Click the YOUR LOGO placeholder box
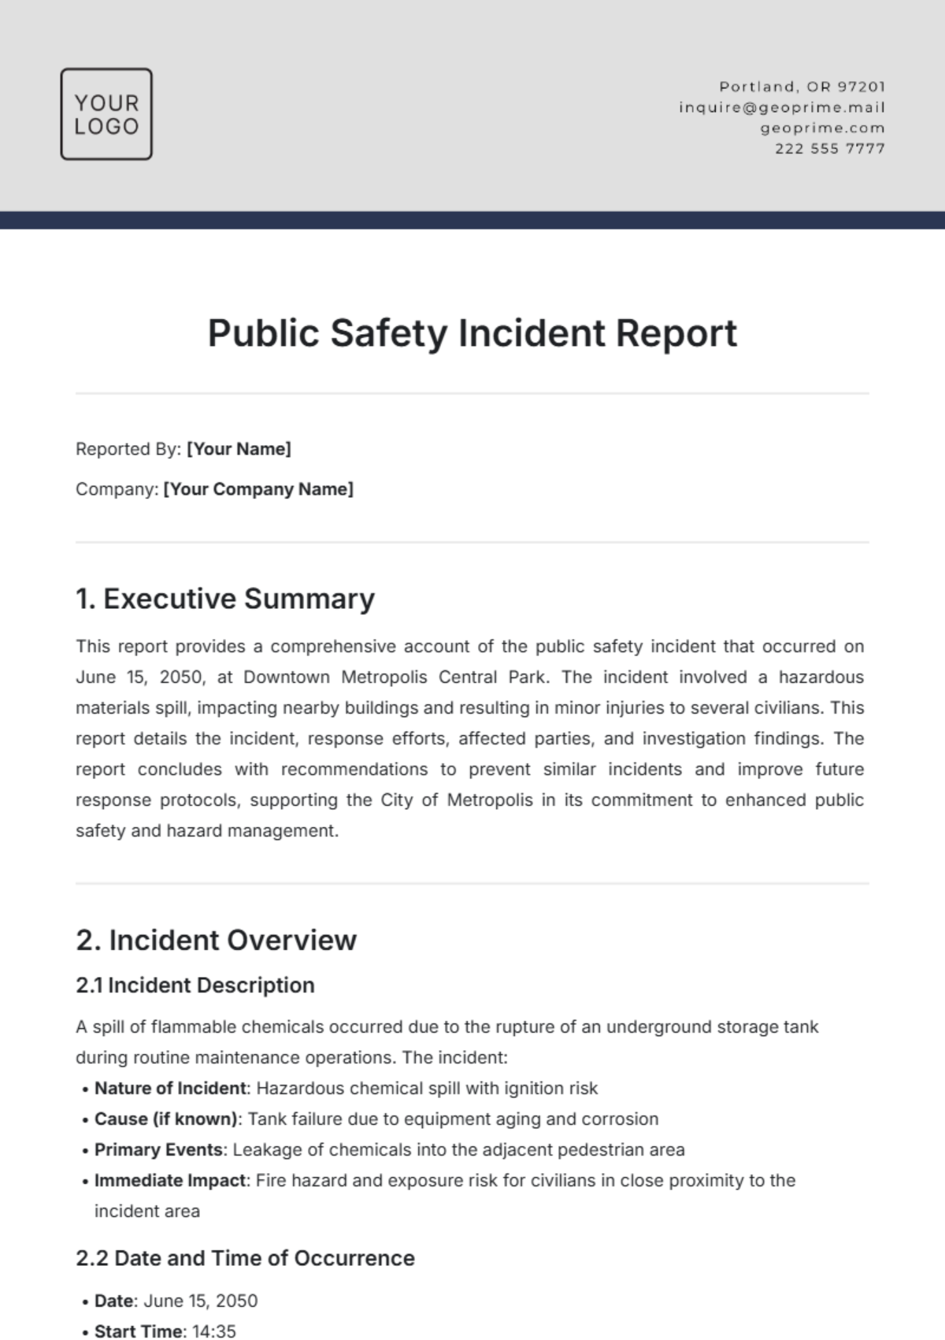(x=106, y=114)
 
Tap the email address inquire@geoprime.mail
(x=782, y=107)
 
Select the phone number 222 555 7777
(x=830, y=148)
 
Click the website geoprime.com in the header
(x=822, y=128)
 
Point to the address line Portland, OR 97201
(x=802, y=87)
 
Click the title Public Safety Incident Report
(x=472, y=332)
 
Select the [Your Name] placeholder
(x=239, y=449)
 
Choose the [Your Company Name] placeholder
(x=258, y=489)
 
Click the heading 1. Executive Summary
(x=225, y=599)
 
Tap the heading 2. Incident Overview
(x=217, y=940)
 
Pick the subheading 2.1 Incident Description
(x=195, y=986)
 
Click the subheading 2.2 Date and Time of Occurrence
(x=245, y=1258)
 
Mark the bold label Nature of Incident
(x=170, y=1088)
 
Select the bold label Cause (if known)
(x=165, y=1119)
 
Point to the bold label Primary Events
(x=158, y=1149)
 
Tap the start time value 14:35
(x=214, y=1331)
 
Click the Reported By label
(x=128, y=449)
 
